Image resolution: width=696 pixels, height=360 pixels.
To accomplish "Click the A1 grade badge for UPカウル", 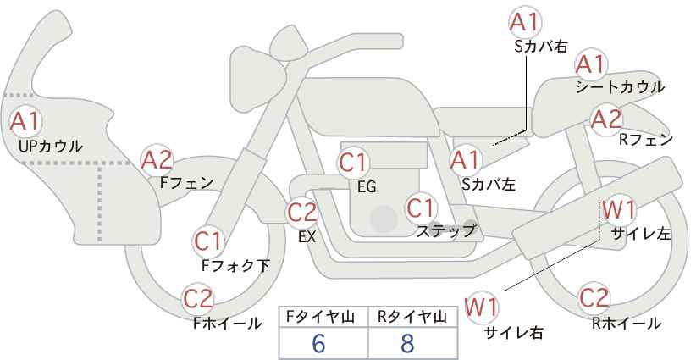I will tap(25, 121).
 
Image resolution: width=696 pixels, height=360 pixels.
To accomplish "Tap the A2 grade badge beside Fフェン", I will tap(156, 159).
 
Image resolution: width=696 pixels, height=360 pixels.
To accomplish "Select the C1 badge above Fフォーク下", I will tap(207, 241).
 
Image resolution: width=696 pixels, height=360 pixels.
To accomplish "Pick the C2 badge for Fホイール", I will tap(198, 298).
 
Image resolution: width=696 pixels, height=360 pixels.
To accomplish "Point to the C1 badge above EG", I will tap(353, 162).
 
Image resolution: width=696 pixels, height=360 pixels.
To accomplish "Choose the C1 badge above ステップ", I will tap(420, 207).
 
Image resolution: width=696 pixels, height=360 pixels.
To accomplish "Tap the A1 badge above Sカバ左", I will tap(465, 158).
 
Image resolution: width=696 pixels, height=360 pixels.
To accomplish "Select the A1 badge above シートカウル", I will tap(590, 63).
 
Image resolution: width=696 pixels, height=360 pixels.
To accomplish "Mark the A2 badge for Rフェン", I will tap(606, 119).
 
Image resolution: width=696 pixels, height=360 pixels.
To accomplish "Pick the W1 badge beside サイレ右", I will tap(482, 307).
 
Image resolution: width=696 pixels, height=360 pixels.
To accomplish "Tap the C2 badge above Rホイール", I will tap(594, 297).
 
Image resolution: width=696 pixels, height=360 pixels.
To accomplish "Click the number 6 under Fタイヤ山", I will tap(318, 343).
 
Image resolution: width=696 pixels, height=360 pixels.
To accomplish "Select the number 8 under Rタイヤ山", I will tap(407, 343).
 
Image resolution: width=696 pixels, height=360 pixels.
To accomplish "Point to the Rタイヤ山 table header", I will tap(411, 316).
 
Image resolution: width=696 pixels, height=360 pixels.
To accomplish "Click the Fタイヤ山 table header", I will tap(322, 316).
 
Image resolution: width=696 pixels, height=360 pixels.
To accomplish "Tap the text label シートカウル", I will tap(620, 87).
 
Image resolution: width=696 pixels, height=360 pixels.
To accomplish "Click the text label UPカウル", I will tap(51, 146).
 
